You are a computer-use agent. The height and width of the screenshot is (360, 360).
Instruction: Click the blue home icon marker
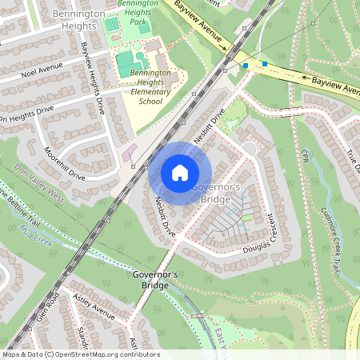click(x=180, y=172)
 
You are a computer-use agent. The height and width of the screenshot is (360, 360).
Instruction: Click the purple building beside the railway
click(x=129, y=153)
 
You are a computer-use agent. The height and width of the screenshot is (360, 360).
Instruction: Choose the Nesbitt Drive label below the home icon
click(x=165, y=216)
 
